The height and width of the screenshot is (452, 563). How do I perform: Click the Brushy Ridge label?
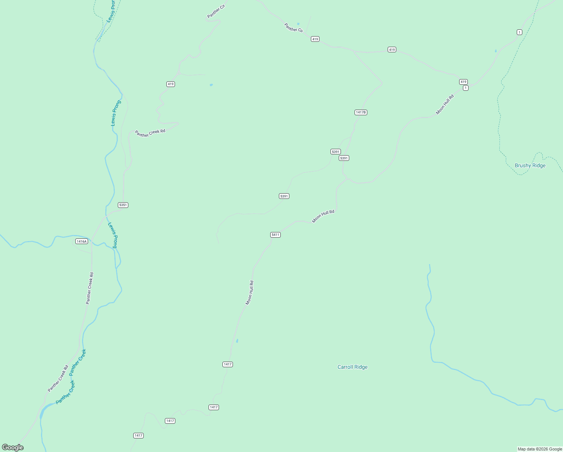coord(530,165)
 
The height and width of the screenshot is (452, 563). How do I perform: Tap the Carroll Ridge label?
coord(352,367)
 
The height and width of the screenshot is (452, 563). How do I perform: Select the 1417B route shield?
coord(361,112)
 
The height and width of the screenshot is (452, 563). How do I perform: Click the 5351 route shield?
coord(123,205)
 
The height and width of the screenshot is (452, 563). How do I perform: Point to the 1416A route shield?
coord(81,241)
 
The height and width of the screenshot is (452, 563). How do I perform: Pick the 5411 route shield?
coord(275,235)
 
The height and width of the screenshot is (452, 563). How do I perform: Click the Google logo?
coord(13,447)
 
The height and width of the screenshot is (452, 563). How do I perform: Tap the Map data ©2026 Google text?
coord(539,449)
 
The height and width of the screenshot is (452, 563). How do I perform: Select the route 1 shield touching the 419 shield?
coord(466,88)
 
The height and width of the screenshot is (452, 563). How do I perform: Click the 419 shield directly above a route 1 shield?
coord(463,82)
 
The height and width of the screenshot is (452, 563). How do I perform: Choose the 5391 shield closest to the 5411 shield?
coord(284,196)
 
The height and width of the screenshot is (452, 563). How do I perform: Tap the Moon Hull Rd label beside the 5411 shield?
coord(323,216)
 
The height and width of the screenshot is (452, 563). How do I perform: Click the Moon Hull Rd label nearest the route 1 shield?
coord(445,104)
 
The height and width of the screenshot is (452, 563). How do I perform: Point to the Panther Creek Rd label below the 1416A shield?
coord(90,288)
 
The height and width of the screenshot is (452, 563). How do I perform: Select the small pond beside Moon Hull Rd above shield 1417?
coord(237,341)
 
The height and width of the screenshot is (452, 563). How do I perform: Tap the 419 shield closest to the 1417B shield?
coord(392,50)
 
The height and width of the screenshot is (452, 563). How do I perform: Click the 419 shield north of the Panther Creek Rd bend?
coord(170,84)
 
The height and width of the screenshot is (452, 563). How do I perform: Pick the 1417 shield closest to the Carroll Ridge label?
coord(228,364)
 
